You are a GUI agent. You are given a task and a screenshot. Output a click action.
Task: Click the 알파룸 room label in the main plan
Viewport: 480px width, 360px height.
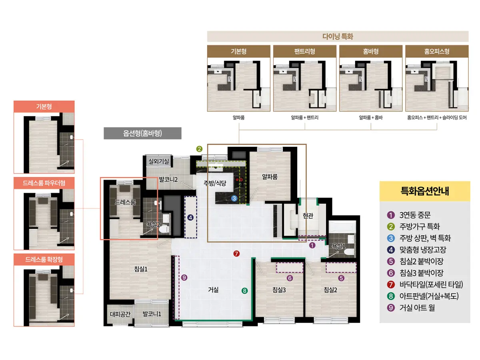point(270,177)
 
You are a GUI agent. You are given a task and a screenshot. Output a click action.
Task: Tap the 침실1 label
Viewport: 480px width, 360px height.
point(141,269)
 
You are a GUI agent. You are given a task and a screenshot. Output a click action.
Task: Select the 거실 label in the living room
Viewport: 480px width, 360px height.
point(213,290)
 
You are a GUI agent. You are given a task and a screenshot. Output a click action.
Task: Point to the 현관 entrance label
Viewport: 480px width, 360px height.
point(308,216)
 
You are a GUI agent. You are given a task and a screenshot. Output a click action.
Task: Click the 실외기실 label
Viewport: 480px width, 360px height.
point(159,161)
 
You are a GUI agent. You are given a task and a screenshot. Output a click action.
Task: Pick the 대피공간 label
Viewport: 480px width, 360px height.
point(120,314)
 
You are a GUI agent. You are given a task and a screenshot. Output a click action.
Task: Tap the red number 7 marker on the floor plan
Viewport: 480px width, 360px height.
point(236,254)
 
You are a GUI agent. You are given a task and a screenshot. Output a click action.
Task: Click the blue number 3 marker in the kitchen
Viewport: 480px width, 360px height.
point(234,198)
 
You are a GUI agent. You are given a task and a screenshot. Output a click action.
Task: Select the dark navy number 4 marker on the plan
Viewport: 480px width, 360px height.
point(190,218)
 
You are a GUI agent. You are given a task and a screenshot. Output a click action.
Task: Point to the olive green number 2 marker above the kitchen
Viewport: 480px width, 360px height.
point(199,149)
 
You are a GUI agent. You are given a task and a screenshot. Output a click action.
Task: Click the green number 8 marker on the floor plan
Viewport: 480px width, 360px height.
point(244,291)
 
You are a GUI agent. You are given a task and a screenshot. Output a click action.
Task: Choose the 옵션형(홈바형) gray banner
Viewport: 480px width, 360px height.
point(142,133)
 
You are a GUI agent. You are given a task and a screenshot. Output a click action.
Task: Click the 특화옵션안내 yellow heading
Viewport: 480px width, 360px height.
point(425,191)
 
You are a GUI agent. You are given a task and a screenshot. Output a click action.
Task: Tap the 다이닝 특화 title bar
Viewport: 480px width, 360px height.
point(338,36)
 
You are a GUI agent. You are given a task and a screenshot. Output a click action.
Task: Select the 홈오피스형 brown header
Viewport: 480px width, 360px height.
point(437,51)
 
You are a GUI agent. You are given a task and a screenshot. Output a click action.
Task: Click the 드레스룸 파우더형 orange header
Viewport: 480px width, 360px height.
point(44,183)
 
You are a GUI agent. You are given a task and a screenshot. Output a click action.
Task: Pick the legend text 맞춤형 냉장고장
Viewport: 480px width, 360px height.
point(423,250)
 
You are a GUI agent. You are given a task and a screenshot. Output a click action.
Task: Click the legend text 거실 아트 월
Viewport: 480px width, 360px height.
point(417,308)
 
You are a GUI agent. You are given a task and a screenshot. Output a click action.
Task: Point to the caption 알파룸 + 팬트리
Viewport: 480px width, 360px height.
point(304,118)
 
